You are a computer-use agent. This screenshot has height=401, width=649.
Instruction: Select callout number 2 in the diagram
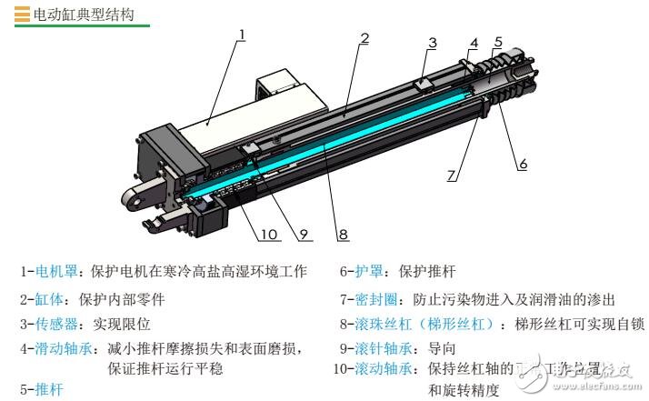point(364,38)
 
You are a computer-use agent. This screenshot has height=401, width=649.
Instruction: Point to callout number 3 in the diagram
point(433,43)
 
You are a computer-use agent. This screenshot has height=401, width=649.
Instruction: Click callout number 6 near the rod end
point(523,164)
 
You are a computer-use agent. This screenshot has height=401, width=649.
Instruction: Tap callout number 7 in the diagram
point(452,175)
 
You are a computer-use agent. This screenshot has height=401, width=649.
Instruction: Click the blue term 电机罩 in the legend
point(52,272)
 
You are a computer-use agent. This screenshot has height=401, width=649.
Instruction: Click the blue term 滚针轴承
point(382,348)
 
